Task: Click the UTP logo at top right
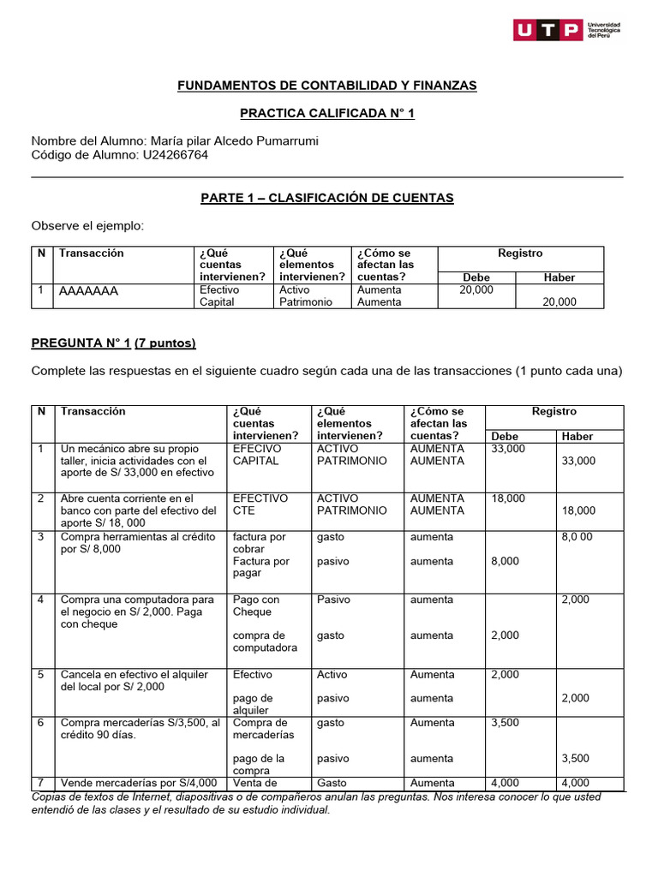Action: point(566,31)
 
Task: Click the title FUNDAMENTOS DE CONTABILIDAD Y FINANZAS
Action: point(326,86)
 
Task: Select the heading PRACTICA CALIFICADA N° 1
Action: point(326,113)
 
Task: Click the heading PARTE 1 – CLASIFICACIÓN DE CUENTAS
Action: point(326,198)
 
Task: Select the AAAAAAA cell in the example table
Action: point(89,291)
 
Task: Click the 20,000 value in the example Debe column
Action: point(476,290)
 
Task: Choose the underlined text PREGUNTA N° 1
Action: point(81,343)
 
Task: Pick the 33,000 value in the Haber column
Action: point(578,461)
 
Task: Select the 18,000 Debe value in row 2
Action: point(506,498)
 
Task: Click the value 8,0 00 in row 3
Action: point(577,537)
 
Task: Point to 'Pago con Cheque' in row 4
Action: point(255,606)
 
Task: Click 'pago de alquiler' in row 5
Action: point(253,704)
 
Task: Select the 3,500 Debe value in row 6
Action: point(505,723)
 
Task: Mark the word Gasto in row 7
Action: point(332,783)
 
